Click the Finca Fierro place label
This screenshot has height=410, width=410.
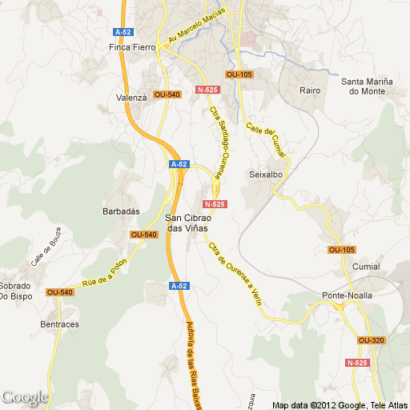(x=132, y=47)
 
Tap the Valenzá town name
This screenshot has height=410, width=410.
(x=131, y=97)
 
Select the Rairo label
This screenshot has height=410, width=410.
(x=310, y=90)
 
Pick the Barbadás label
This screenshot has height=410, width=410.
(x=122, y=211)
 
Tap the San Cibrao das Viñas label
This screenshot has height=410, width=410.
(x=187, y=223)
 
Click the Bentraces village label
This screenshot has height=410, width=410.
(x=59, y=324)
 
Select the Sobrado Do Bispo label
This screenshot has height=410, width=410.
(x=15, y=291)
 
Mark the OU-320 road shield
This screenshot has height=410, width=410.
(x=372, y=340)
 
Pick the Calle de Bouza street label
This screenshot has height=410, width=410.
(x=46, y=251)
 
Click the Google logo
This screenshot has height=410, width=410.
(x=25, y=397)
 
